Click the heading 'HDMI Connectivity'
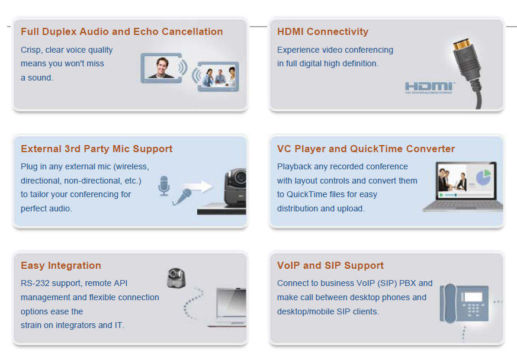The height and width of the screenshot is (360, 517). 323,31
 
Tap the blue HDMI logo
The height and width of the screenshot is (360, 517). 429,87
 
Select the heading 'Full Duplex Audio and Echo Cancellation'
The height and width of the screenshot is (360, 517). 121,31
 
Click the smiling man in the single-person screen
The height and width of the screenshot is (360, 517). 162,67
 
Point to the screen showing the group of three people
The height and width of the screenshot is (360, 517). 218,76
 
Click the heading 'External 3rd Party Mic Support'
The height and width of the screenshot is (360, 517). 97,149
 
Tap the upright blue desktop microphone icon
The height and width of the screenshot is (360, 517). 164,185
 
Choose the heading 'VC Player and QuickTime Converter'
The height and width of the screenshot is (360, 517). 366,149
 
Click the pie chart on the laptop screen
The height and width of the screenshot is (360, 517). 483,177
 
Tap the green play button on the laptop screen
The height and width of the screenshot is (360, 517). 441,195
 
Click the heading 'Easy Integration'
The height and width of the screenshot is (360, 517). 60,265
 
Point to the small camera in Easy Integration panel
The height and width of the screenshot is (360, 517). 176,278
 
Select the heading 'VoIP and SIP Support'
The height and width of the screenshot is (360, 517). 330,265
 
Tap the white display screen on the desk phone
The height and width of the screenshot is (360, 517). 473,297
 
